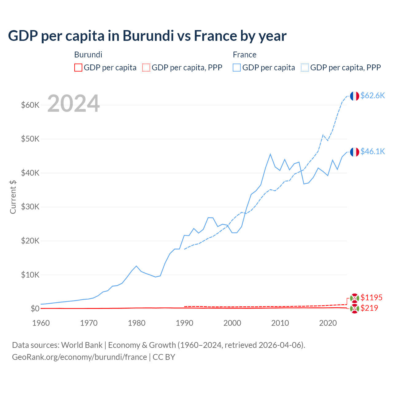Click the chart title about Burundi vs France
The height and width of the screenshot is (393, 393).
point(147,36)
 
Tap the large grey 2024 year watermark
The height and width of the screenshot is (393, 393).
point(73,104)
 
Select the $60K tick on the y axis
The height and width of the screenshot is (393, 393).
point(30,105)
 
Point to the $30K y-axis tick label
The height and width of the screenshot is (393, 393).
point(30,207)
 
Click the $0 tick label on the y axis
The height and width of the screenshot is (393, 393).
point(35,309)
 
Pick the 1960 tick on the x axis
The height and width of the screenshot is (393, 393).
point(41,323)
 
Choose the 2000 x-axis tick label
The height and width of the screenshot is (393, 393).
point(232,323)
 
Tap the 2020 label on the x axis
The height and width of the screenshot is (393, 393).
point(328,323)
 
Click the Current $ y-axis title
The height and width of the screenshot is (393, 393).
point(13,197)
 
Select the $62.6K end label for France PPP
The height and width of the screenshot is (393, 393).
point(372,95)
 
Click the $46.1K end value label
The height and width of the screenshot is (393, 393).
point(372,151)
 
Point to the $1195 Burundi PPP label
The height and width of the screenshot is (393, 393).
point(371,298)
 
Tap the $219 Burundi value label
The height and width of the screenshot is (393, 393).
point(369,308)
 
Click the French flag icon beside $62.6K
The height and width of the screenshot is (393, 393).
point(354,96)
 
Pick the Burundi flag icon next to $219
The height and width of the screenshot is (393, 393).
point(354,309)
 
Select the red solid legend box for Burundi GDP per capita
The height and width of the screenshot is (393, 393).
point(78,68)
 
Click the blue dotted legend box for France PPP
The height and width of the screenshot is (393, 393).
point(305,68)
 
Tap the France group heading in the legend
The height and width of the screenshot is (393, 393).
point(244,55)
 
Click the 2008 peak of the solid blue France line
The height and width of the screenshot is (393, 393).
point(270,154)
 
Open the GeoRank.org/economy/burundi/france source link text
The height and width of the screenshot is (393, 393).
point(79,357)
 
